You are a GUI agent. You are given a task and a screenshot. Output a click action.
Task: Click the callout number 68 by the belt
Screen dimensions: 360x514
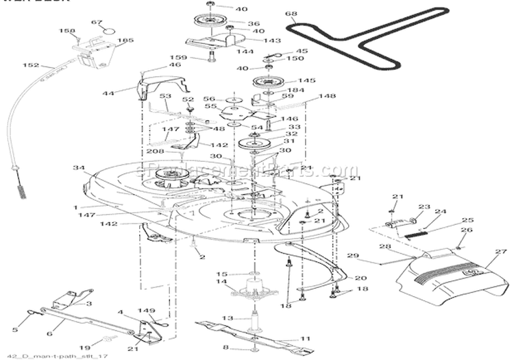point(291,14)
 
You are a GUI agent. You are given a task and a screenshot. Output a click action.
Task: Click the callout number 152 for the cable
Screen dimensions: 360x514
point(31,66)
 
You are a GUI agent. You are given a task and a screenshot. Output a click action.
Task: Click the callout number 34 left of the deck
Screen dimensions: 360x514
point(78,167)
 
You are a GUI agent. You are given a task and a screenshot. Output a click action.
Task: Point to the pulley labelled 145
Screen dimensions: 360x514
point(272,82)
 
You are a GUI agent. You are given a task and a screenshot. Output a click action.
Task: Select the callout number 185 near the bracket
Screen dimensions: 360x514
point(125,40)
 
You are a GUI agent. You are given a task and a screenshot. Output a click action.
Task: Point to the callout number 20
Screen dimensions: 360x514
point(360,278)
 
